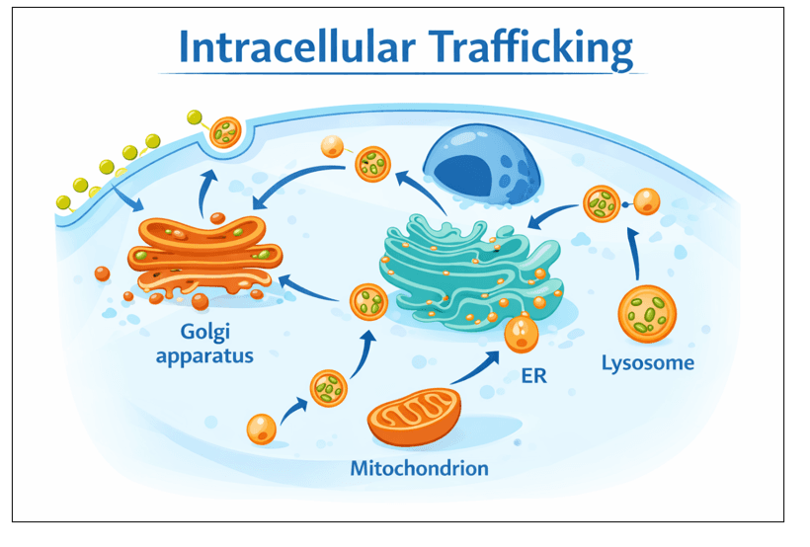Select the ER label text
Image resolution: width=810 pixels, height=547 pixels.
coord(533,375)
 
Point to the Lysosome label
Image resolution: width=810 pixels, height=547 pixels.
coord(648,362)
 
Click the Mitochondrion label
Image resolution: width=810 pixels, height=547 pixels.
coord(419,467)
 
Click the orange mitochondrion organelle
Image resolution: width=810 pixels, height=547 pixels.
coord(414,416)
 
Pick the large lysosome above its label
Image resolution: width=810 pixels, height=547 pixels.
coord(647,313)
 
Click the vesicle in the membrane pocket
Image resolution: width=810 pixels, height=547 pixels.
coord(225,132)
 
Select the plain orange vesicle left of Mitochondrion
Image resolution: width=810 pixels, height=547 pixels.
coord(261,429)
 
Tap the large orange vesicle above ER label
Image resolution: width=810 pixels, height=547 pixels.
coord(522,334)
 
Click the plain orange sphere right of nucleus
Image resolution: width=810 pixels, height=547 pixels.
coord(646,202)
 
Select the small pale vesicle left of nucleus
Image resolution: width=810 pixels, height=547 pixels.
coord(332,148)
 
